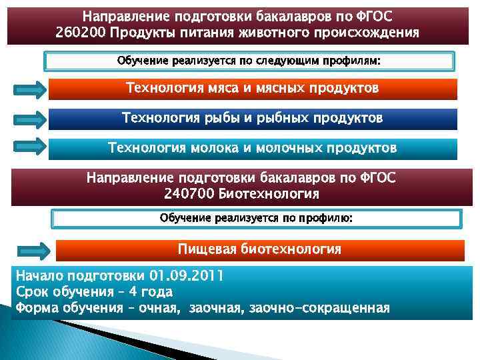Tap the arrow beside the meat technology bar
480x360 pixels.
point(29,89)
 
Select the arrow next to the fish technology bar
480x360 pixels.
point(29,119)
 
